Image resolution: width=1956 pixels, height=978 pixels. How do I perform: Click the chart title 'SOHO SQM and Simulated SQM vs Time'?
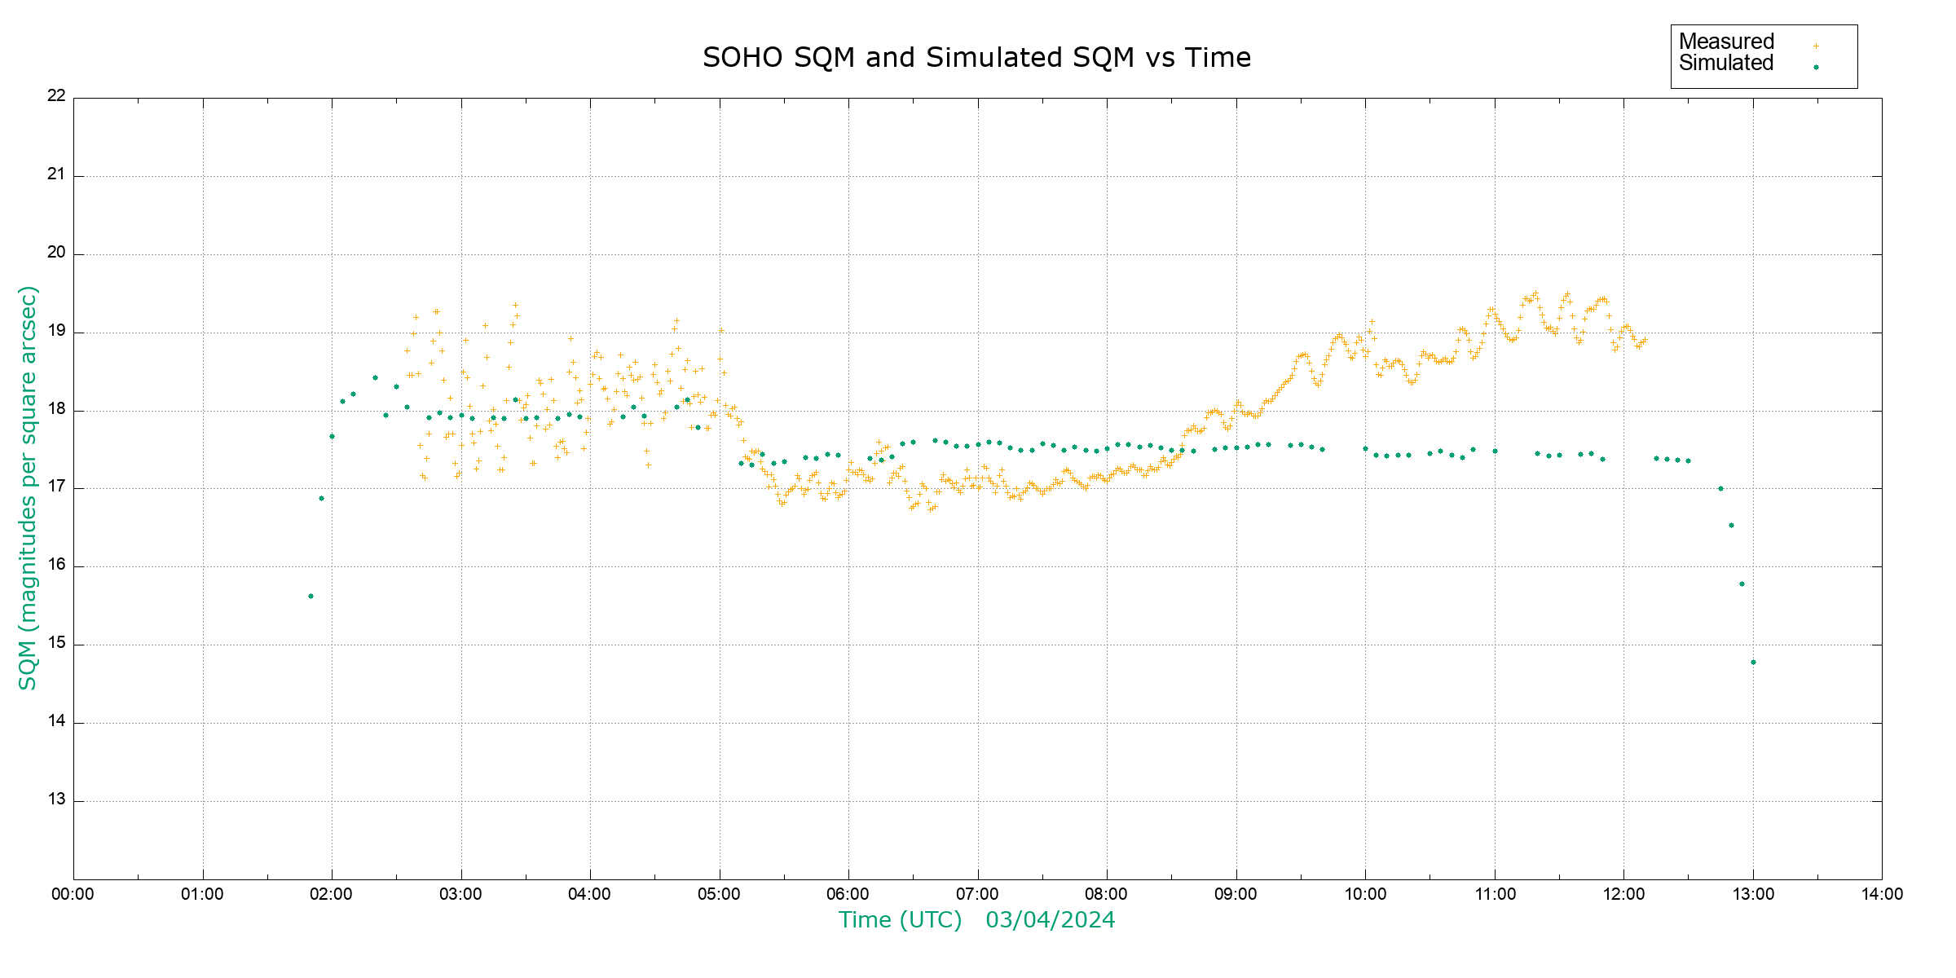(x=976, y=58)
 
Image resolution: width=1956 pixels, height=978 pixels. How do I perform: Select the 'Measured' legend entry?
(x=1726, y=42)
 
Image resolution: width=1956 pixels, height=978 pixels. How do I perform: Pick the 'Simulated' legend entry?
(x=1726, y=64)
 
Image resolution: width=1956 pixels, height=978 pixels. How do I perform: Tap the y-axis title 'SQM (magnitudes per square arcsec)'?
(x=28, y=487)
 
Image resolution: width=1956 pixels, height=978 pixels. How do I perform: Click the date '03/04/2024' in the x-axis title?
(x=1050, y=920)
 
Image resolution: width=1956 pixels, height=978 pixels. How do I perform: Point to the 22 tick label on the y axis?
(x=56, y=95)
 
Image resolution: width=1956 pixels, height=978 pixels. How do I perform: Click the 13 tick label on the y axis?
(x=56, y=800)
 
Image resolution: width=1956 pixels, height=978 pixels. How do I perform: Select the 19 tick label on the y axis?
(x=56, y=331)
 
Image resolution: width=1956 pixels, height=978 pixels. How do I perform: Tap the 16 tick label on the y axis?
(x=56, y=565)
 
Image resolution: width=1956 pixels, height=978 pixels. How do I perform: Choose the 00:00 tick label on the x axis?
(x=73, y=894)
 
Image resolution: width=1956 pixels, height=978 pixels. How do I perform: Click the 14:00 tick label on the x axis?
(x=1882, y=894)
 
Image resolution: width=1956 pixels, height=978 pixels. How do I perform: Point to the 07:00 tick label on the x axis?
(x=976, y=894)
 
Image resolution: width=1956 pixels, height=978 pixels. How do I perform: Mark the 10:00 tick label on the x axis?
(x=1365, y=894)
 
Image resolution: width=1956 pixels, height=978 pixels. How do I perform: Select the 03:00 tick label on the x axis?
(x=460, y=894)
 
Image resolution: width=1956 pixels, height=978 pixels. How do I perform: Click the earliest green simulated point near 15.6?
(x=311, y=597)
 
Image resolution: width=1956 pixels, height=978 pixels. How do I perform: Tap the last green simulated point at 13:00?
(x=1753, y=663)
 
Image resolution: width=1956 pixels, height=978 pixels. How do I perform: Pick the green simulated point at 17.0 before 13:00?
(x=1720, y=489)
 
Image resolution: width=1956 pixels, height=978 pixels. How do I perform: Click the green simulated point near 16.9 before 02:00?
(x=321, y=499)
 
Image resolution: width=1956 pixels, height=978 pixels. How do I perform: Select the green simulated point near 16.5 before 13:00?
(x=1731, y=526)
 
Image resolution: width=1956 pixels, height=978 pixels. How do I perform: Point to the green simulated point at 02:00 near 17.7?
(x=332, y=437)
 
